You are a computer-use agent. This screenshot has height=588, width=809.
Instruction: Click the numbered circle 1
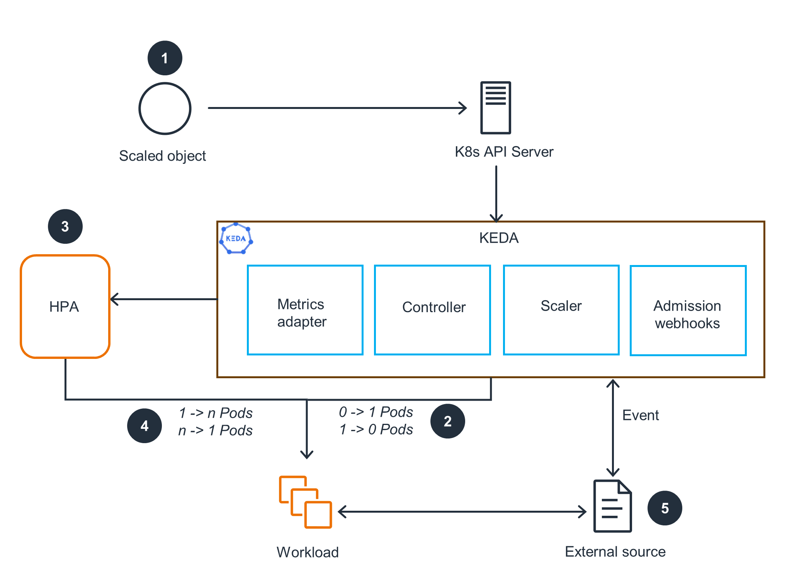coord(165,58)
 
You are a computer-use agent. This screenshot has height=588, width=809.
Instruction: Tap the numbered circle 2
coord(447,421)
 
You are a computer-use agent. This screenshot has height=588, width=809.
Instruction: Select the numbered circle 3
coord(65,226)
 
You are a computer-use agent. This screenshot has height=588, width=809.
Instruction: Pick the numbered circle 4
coord(144,426)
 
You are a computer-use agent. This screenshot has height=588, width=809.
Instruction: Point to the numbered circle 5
coord(665,508)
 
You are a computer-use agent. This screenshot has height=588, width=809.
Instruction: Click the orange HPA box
coord(65,306)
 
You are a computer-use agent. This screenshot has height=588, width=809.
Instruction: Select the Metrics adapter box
coord(305,310)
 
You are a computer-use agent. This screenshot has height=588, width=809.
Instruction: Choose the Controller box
coord(432,310)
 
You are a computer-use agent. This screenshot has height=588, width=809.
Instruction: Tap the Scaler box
coord(561,310)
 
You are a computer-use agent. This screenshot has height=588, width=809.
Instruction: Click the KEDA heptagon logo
coord(236,238)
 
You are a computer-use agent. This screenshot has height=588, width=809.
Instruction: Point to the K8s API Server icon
coord(496,108)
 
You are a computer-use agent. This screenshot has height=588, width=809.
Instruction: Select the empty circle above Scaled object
coord(165,109)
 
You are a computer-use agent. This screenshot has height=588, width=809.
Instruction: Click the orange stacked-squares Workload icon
coord(305,502)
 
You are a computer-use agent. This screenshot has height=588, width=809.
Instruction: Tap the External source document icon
coord(612,506)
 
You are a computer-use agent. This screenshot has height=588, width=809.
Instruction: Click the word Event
coord(640,415)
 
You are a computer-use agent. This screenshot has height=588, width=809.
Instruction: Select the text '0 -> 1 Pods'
coord(376,412)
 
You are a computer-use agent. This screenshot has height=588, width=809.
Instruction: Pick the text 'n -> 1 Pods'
coord(215,430)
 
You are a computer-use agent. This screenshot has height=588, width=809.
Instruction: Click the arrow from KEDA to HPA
coord(164,299)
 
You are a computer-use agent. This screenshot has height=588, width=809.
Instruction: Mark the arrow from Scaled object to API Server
coord(336,108)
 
